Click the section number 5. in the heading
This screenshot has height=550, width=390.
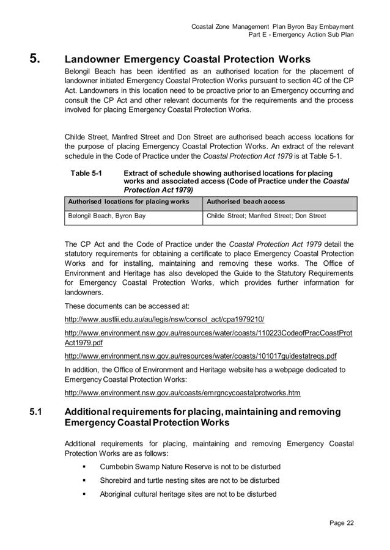click(35, 59)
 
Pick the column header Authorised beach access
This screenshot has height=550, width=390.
click(246, 202)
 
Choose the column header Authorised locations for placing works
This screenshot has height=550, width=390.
click(128, 202)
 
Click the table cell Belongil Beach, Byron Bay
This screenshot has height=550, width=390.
click(107, 216)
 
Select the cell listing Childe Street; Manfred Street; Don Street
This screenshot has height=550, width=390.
click(267, 216)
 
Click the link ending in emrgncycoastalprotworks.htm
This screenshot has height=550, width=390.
click(182, 392)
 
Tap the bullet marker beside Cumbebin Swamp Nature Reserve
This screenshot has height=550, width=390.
click(83, 467)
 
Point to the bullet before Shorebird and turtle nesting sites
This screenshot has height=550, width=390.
click(83, 481)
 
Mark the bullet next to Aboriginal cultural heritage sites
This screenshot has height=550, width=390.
click(83, 494)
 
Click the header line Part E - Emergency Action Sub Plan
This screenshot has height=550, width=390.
click(301, 35)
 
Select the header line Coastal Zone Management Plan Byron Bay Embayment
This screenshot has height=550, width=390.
click(272, 26)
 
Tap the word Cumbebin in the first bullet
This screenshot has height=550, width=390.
click(117, 467)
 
